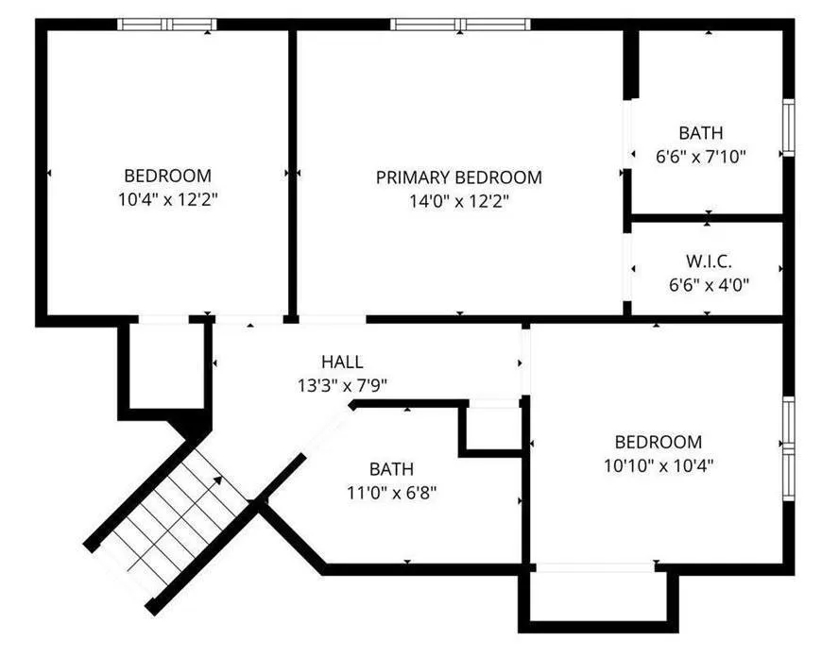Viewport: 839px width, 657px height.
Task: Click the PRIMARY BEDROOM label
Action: point(458,177)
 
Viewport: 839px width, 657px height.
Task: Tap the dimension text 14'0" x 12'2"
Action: point(458,202)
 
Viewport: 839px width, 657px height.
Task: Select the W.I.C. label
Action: point(709,261)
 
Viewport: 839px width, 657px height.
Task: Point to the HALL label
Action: point(342,362)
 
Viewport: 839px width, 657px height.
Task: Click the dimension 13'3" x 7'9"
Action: point(342,385)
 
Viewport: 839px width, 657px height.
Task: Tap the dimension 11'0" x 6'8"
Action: point(392,493)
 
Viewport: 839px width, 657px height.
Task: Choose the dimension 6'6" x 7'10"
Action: point(700,157)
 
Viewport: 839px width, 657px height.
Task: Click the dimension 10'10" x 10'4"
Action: point(659,465)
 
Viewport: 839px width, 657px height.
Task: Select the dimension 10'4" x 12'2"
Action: point(167,199)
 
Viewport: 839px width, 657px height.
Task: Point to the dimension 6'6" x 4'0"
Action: point(709,285)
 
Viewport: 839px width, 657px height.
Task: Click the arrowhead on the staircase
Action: point(217,480)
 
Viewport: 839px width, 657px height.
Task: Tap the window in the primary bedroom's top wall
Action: point(460,25)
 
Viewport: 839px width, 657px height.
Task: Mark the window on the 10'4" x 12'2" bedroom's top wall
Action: point(167,25)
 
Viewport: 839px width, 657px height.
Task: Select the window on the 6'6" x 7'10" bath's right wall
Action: point(789,127)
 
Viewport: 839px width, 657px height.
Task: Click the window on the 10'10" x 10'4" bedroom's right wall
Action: point(789,448)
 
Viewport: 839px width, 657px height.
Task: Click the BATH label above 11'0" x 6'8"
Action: point(392,469)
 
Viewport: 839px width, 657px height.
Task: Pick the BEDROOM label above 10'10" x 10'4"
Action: point(659,442)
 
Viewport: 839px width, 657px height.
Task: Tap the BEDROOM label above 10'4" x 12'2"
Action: point(167,176)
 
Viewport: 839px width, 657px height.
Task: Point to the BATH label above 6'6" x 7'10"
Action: point(700,132)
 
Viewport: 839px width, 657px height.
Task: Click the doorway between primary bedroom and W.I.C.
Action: point(627,267)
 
